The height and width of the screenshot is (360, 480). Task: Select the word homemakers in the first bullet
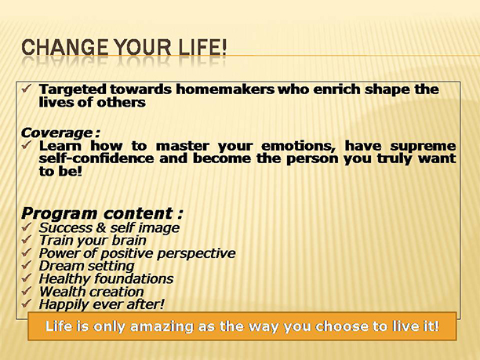225,89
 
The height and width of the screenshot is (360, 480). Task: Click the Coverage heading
60,133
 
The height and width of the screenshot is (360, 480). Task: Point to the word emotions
298,146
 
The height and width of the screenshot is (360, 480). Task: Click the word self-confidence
96,158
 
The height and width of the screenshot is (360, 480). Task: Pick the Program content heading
102,213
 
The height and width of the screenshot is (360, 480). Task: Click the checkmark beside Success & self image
27,227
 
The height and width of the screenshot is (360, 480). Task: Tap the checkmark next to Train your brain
27,240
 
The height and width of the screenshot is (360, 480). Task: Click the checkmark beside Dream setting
27,265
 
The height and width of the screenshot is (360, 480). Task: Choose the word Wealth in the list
57,292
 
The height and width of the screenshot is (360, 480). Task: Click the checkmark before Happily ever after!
27,304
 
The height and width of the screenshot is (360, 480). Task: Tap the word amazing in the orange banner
162,327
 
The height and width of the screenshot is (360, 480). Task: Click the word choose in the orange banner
342,326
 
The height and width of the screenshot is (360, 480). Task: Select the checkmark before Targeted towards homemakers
27,89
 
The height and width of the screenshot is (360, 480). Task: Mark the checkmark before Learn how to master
27,145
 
